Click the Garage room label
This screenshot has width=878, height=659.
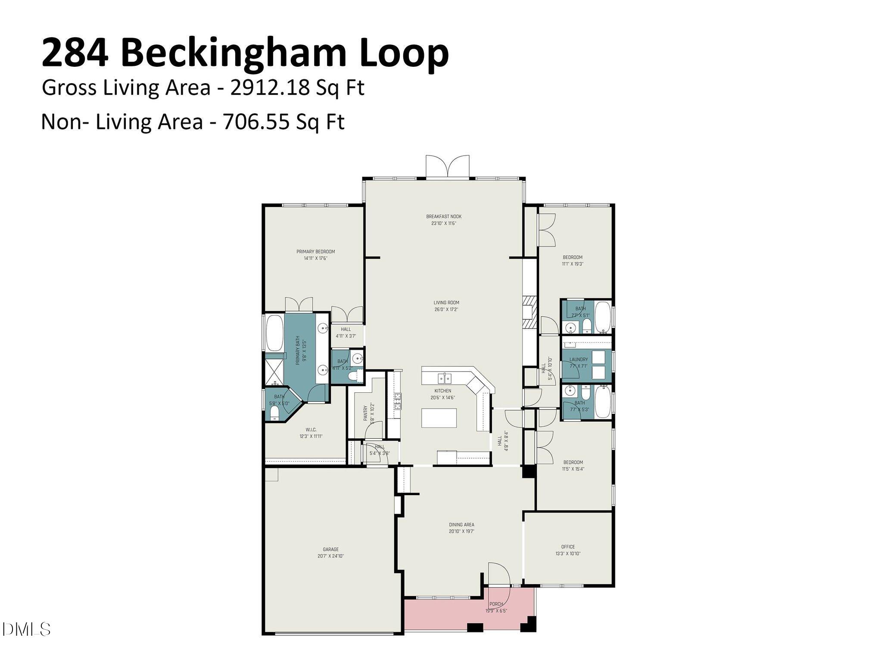[x=330, y=550]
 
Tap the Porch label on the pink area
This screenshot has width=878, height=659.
[x=496, y=604]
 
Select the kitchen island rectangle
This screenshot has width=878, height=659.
[x=439, y=418]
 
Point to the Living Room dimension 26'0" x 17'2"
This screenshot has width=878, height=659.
[x=446, y=309]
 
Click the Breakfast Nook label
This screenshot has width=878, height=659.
[x=444, y=216]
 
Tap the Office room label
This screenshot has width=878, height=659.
[x=568, y=547]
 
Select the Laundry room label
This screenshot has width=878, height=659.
[x=578, y=359]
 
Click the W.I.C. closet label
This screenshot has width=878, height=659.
[x=311, y=430]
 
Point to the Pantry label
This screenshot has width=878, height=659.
[x=366, y=412]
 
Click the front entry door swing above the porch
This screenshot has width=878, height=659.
[x=499, y=574]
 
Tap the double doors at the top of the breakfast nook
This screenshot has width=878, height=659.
[x=447, y=167]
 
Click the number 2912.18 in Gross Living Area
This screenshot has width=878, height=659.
[x=270, y=88]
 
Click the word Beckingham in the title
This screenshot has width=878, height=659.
[x=234, y=53]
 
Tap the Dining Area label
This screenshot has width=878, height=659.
[x=461, y=525]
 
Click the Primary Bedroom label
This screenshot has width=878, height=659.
[x=315, y=252]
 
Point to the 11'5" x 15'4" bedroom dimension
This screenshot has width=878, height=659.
[x=573, y=469]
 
